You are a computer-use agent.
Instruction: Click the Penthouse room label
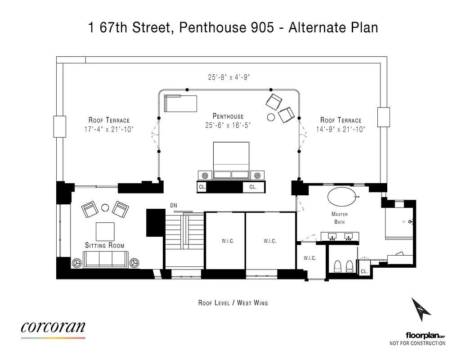tap(228, 117)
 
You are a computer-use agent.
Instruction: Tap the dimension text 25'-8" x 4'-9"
tap(229, 77)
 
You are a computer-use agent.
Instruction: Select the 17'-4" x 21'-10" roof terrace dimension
tap(109, 129)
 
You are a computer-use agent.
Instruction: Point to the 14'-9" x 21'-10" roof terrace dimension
tap(341, 129)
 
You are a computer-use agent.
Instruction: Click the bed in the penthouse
tap(231, 161)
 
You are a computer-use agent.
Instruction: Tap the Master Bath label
tap(339, 218)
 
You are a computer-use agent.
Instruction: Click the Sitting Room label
tap(105, 245)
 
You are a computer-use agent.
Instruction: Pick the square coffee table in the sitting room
tap(104, 231)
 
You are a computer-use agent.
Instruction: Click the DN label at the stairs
tap(174, 206)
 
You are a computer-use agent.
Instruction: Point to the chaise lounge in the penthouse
tap(180, 103)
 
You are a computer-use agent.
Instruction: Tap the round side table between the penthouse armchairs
tap(271, 117)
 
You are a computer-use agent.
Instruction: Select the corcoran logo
tap(53, 327)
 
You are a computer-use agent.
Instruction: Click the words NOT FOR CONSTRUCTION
tap(417, 343)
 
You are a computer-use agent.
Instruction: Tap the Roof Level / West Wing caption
tap(233, 303)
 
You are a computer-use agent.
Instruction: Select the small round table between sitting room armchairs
tap(105, 207)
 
